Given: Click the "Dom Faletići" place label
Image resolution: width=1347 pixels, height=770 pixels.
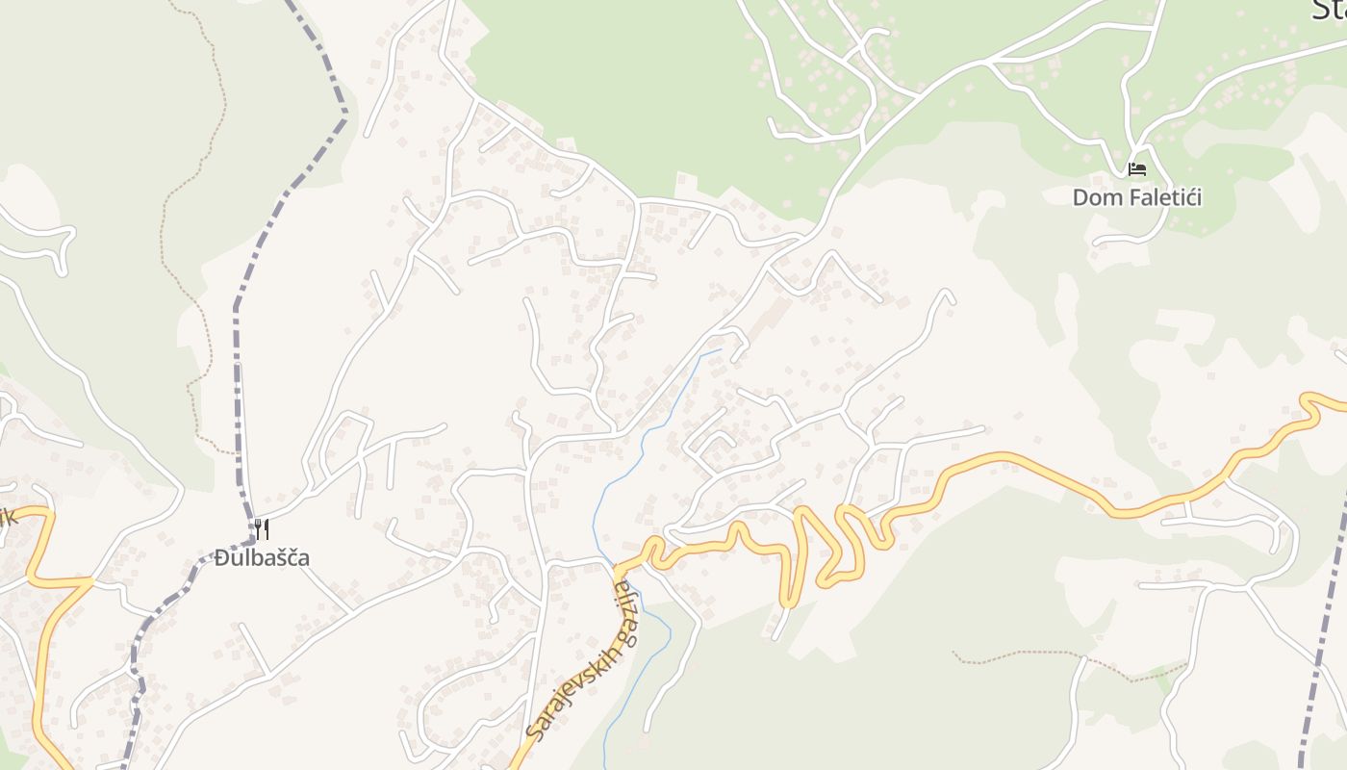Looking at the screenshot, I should pyautogui.click(x=1136, y=198).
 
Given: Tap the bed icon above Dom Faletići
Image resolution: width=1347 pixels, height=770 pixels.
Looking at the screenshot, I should pyautogui.click(x=1136, y=169).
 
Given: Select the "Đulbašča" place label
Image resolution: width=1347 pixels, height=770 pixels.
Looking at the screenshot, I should pyautogui.click(x=262, y=557).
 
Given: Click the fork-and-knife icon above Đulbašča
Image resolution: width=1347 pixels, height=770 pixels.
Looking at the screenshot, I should pyautogui.click(x=261, y=528).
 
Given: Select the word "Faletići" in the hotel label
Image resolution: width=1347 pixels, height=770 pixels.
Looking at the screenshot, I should pyautogui.click(x=1160, y=198).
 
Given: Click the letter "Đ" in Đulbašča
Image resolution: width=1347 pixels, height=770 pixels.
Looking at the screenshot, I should pyautogui.click(x=222, y=557).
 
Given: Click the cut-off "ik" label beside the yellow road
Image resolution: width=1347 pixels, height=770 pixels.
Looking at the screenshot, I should pyautogui.click(x=9, y=518).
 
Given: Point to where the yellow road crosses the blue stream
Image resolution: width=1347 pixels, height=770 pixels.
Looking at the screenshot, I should pyautogui.click(x=617, y=568).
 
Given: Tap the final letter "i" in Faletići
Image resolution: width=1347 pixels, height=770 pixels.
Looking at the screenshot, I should pyautogui.click(x=1198, y=198).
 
